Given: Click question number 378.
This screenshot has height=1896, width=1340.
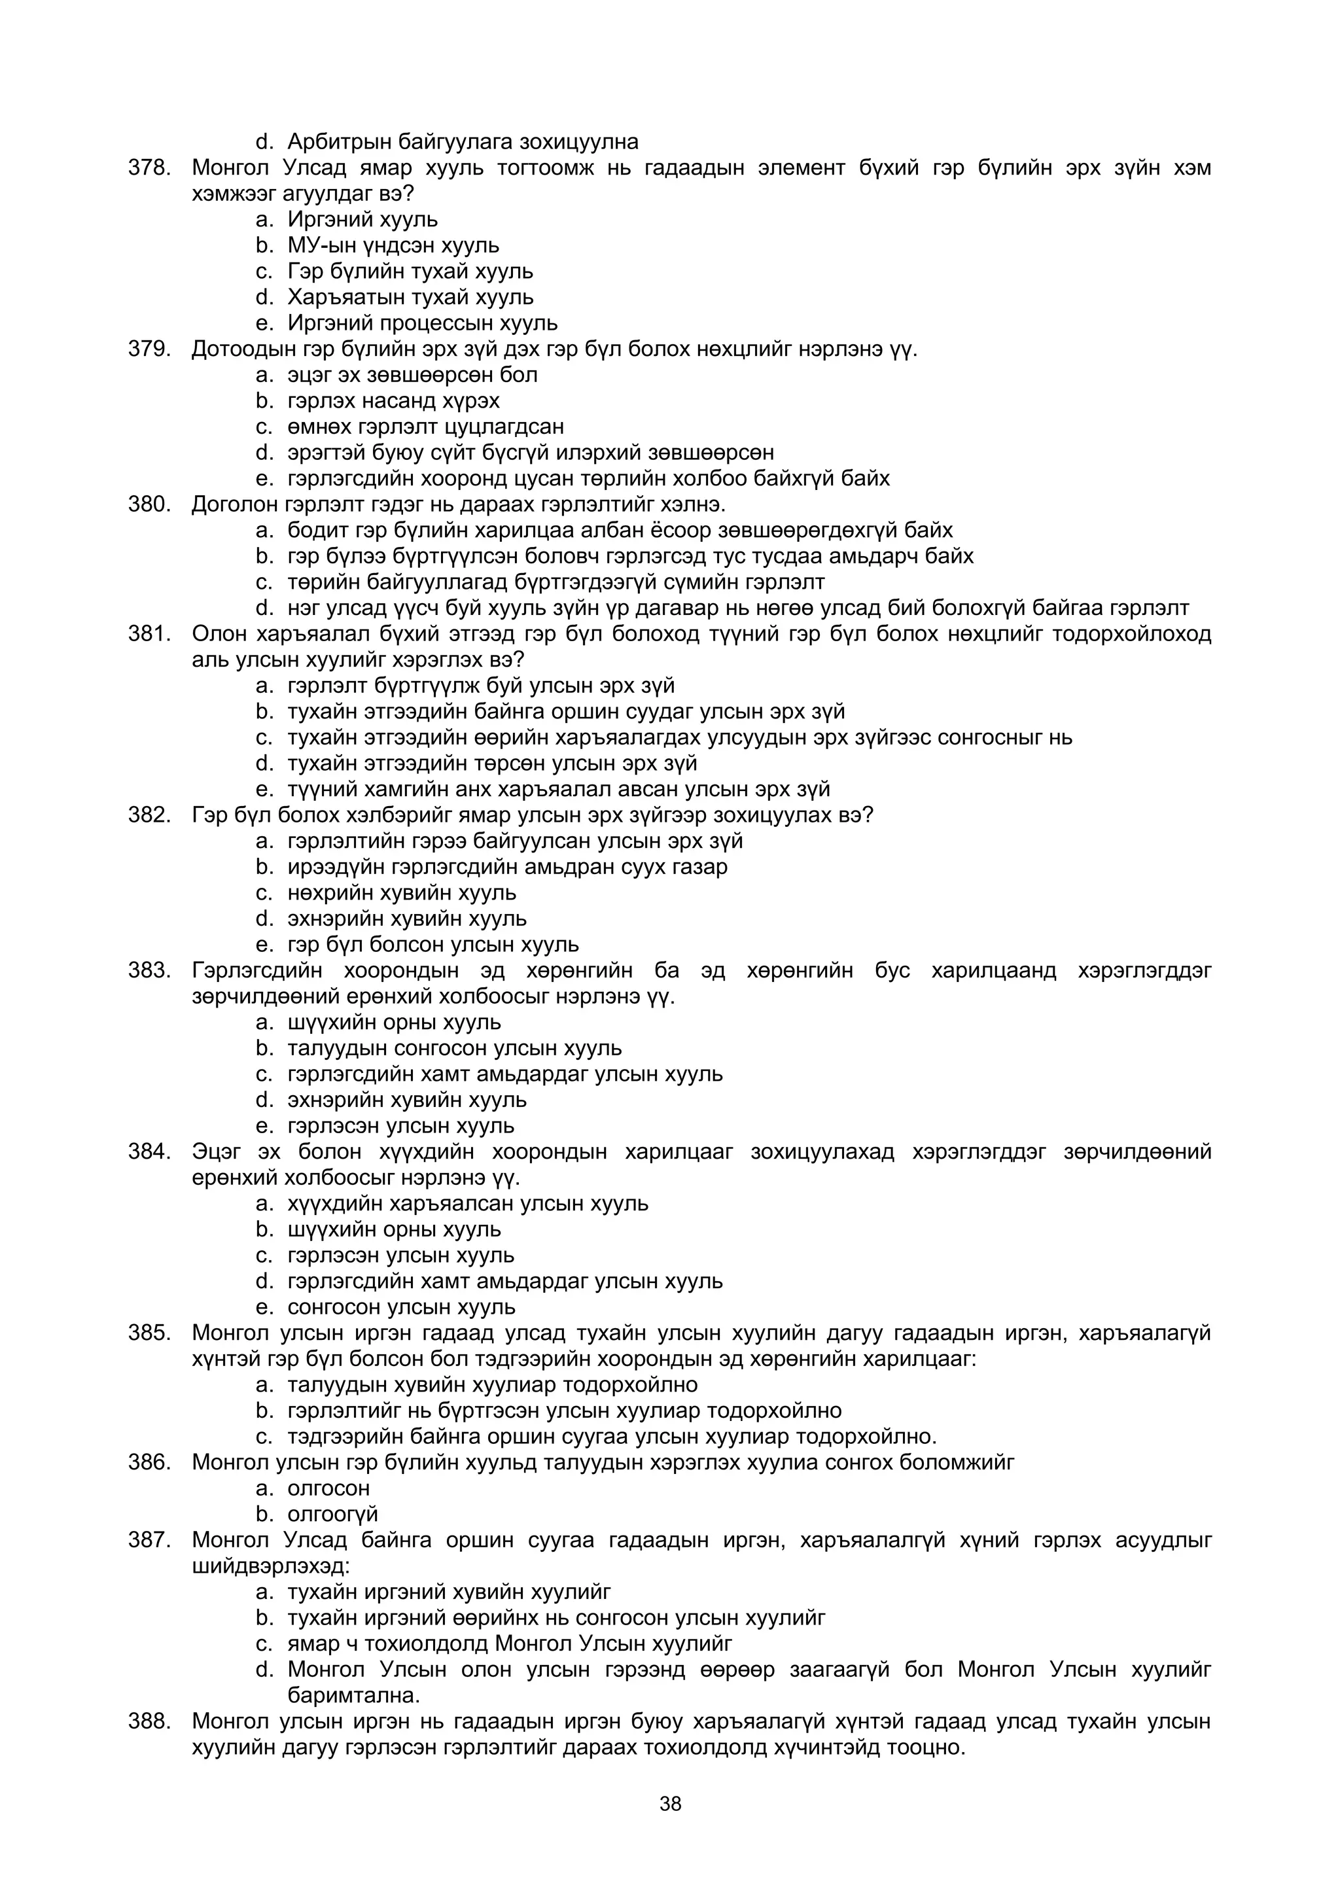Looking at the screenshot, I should click(x=149, y=167).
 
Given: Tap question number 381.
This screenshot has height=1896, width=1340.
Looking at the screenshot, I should click(x=149, y=634).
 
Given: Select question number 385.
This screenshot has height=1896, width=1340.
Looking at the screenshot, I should click(x=149, y=1333).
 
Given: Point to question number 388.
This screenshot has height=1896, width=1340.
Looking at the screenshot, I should click(x=149, y=1722).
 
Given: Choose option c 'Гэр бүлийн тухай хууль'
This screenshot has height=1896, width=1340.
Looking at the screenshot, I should click(x=410, y=271).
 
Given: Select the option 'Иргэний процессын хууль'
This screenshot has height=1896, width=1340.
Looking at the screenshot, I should click(x=422, y=323).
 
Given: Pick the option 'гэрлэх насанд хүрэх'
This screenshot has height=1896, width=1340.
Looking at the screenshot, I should click(x=393, y=400).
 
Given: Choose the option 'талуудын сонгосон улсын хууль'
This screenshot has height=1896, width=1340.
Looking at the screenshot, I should click(x=454, y=1048).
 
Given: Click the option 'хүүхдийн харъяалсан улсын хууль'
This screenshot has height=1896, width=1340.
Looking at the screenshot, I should click(x=467, y=1204).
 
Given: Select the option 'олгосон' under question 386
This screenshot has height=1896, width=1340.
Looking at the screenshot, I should click(x=328, y=1488).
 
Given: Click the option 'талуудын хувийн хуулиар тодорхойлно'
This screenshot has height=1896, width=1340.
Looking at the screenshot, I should click(x=492, y=1385).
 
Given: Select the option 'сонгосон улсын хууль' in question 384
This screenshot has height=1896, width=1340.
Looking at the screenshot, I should click(x=401, y=1307).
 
